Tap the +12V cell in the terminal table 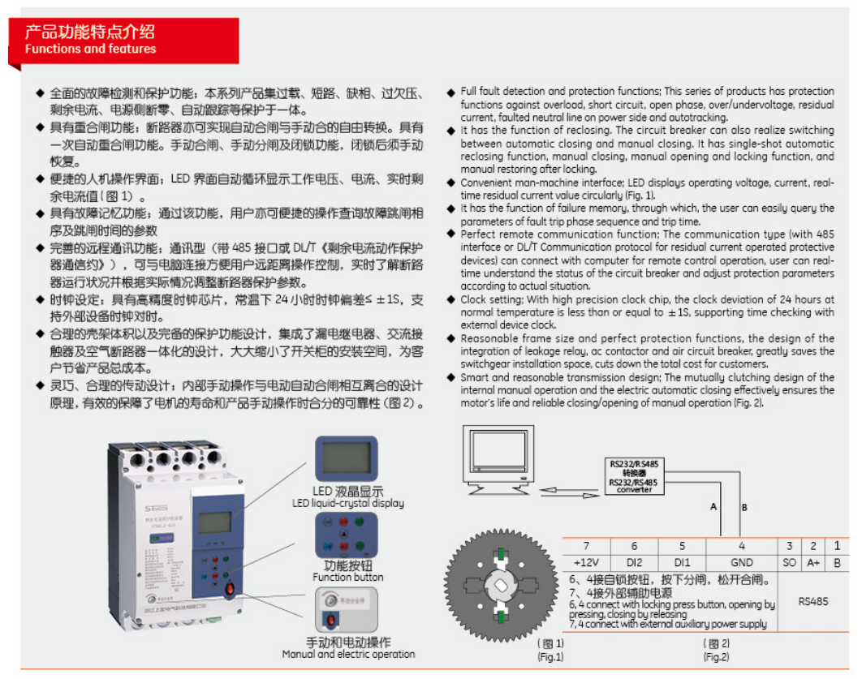coord(586,562)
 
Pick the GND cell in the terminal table coord(741,562)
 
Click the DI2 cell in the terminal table coord(634,562)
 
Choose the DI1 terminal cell coord(682,562)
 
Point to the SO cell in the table coord(789,562)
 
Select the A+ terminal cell coord(812,562)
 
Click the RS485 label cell coord(812,602)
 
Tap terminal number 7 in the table coord(586,547)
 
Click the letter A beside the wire coord(713,507)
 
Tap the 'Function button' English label coord(348,578)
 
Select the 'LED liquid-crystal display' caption coord(348,503)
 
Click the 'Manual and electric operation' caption coord(348,654)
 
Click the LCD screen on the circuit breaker coord(213,522)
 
